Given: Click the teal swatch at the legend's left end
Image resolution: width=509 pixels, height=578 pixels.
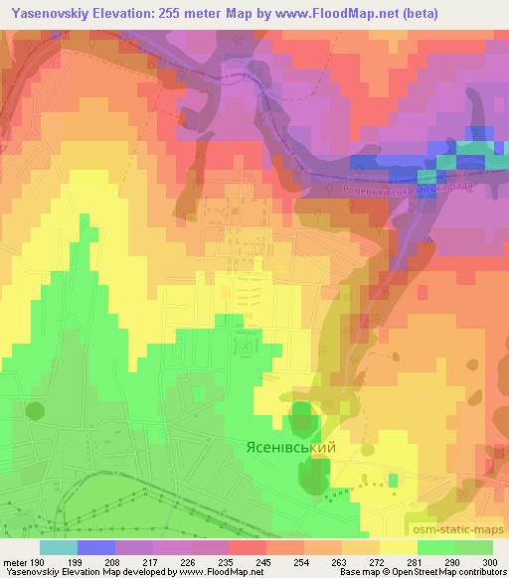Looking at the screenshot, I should pos(58,547).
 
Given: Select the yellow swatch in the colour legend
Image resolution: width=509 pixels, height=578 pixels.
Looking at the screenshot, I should pos(398,547).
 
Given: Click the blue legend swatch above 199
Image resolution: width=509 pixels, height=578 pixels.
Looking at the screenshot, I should pos(96,547).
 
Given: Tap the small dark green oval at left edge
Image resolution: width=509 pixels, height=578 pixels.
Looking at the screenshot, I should pos(36,410).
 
